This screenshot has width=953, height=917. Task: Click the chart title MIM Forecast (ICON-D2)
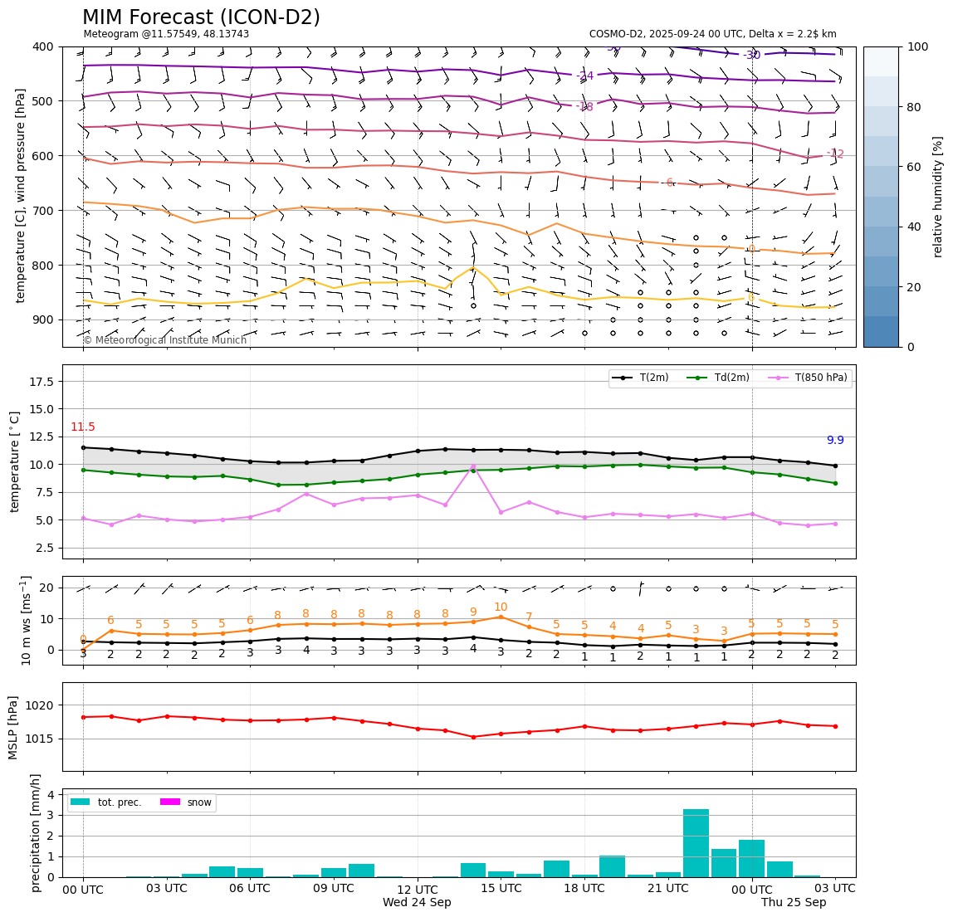coord(201,17)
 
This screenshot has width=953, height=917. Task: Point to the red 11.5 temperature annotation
coord(83,427)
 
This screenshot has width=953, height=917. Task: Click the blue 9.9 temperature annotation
coord(835,440)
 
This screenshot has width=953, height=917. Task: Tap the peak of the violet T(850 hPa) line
coord(473,466)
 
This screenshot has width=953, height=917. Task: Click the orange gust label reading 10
coord(501,607)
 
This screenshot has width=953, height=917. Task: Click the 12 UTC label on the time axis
coord(417,889)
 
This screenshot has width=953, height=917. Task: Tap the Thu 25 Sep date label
coord(794,902)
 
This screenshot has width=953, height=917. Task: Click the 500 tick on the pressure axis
coord(42,101)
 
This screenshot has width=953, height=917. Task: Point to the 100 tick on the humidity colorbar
coord(917,46)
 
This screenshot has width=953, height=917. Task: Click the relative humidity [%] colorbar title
coord(938,197)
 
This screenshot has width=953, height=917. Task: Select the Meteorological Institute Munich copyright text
coord(165,340)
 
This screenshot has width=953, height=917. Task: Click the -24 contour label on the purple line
coord(585,76)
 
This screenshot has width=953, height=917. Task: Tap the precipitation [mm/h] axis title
coord(36,832)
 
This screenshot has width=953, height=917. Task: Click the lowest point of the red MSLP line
coord(473,737)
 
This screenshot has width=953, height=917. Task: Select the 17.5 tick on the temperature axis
coord(42,381)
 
